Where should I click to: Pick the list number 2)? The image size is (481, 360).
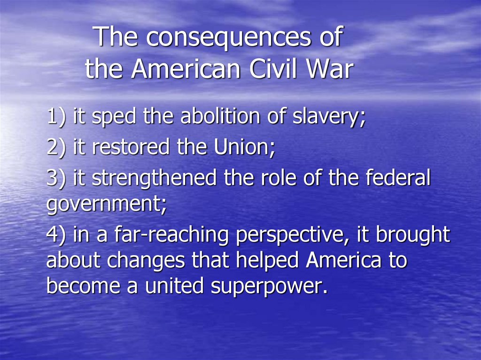tap(57, 147)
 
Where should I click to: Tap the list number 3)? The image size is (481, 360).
tap(57, 178)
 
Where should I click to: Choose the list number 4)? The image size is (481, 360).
tap(57, 235)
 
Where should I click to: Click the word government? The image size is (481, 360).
tap(106, 206)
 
